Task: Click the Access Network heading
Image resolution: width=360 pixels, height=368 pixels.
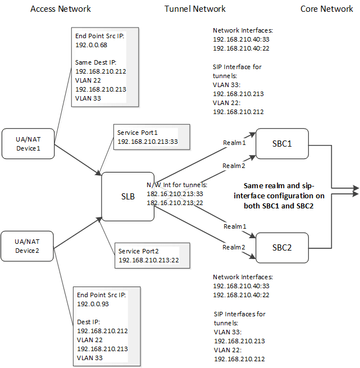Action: [x=60, y=9]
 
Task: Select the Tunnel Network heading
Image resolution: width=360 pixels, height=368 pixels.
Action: [x=195, y=9]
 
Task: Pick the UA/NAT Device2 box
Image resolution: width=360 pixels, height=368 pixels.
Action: [x=28, y=246]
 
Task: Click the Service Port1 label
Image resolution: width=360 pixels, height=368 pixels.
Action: [x=138, y=133]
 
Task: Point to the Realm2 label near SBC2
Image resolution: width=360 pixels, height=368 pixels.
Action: [x=235, y=247]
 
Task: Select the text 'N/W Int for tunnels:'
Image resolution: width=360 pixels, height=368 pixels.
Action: [x=177, y=185]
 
